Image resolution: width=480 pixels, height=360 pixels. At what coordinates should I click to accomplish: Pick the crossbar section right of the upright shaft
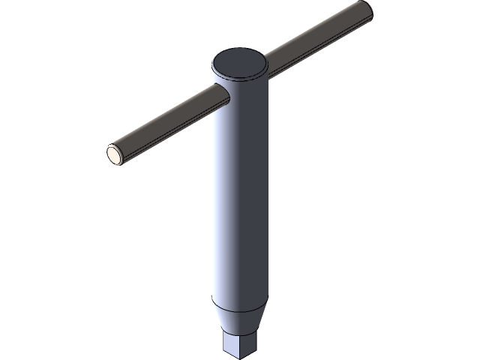[315, 41]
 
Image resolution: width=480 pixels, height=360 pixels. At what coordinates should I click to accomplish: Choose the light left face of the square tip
[231, 346]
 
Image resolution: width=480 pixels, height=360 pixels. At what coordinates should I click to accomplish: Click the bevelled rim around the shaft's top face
[239, 79]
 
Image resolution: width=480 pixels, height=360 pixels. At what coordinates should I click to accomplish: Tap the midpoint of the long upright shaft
[239, 195]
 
